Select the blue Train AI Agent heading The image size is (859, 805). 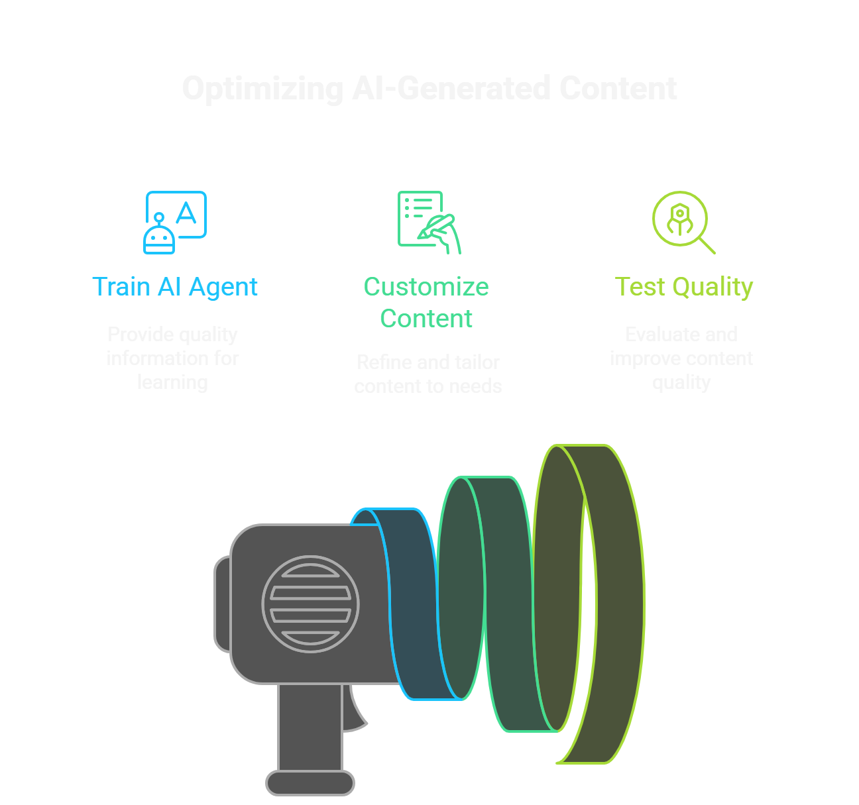(x=175, y=287)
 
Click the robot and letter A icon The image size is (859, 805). (x=175, y=223)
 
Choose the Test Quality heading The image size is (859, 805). (x=684, y=287)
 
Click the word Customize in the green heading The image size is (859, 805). (x=426, y=287)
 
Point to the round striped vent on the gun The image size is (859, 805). (x=310, y=604)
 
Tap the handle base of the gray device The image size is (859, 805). (x=310, y=782)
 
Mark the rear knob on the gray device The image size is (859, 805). (x=222, y=604)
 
